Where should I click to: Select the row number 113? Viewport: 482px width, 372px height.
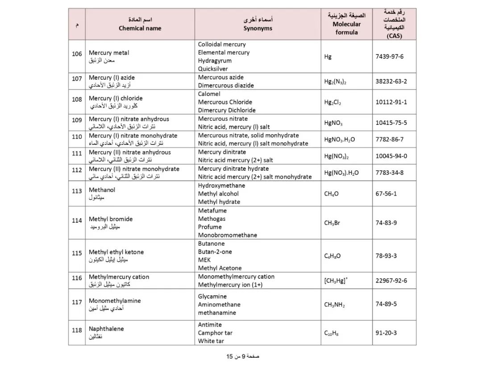[x=77, y=191]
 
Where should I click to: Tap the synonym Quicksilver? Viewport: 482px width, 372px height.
[x=213, y=69]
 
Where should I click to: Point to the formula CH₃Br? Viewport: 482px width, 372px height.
[x=332, y=223]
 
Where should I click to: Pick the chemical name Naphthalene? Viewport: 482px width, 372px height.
[x=106, y=329]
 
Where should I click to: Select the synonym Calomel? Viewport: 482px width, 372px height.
[x=209, y=94]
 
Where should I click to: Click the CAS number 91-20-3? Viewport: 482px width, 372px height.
[x=386, y=333]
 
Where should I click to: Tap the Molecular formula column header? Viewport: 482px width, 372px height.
[x=347, y=24]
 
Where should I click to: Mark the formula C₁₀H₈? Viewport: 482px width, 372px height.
[x=331, y=333]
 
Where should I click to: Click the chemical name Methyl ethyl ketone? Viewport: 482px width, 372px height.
[x=116, y=252]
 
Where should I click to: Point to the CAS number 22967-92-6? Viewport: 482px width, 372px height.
[x=391, y=281]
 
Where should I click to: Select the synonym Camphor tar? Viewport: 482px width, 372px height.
[x=215, y=333]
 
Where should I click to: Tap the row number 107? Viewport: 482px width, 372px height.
[x=77, y=79]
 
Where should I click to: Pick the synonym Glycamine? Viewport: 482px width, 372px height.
[x=212, y=296]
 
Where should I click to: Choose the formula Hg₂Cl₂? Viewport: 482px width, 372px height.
[x=332, y=102]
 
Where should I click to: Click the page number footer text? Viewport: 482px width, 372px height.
[x=243, y=356]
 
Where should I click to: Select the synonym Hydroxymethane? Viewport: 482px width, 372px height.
[x=221, y=186]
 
